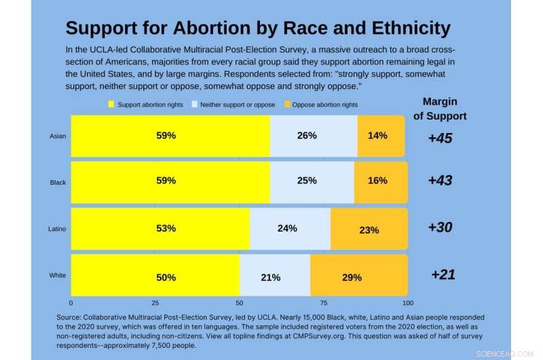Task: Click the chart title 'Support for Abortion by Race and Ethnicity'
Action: click(x=258, y=28)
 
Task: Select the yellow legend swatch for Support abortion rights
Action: click(x=111, y=105)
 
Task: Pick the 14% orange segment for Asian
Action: click(x=377, y=135)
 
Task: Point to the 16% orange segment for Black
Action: click(x=379, y=181)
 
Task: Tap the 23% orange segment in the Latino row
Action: click(x=369, y=230)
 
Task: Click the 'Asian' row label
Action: click(x=58, y=136)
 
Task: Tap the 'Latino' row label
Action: click(x=57, y=229)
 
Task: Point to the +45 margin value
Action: click(x=440, y=139)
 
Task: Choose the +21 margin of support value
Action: click(x=443, y=274)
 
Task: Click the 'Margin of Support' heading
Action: click(x=440, y=109)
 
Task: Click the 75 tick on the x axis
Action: click(x=324, y=303)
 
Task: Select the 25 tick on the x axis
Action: click(x=155, y=303)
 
